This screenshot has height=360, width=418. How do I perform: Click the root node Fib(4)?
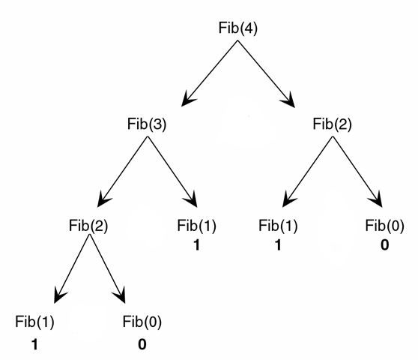[x=238, y=28]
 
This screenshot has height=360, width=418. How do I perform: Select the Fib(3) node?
[x=147, y=124]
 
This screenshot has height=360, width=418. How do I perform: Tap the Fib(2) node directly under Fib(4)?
[x=332, y=124]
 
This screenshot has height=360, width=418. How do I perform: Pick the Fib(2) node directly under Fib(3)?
[x=88, y=226]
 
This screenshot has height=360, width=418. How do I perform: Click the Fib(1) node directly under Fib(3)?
[x=196, y=226]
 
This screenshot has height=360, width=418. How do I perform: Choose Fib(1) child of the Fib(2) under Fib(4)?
[x=278, y=226]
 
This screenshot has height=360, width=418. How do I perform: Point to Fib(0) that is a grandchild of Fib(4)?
[x=385, y=226]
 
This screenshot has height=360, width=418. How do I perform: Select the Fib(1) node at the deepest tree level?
[x=34, y=322]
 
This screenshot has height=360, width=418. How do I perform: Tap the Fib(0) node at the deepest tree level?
[x=142, y=322]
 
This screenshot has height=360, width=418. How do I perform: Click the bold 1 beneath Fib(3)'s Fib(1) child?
[x=196, y=245]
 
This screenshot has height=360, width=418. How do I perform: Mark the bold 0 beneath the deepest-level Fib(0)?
[x=142, y=344]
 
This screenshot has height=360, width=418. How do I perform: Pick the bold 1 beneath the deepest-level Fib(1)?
[x=34, y=344]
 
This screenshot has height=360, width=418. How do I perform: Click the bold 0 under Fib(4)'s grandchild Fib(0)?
[x=385, y=245]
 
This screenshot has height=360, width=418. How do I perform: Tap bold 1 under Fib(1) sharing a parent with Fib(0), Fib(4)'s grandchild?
[x=278, y=245]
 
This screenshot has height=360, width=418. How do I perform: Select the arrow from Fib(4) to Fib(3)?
[x=210, y=73]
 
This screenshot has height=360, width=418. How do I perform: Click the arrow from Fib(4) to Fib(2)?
[x=267, y=74]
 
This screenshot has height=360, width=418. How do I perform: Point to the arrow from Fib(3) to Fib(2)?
[x=123, y=172]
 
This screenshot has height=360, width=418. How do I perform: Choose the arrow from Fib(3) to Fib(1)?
[x=172, y=172]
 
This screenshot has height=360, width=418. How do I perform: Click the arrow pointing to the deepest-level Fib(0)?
[x=107, y=268]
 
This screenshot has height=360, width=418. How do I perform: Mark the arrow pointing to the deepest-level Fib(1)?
[x=72, y=268]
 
